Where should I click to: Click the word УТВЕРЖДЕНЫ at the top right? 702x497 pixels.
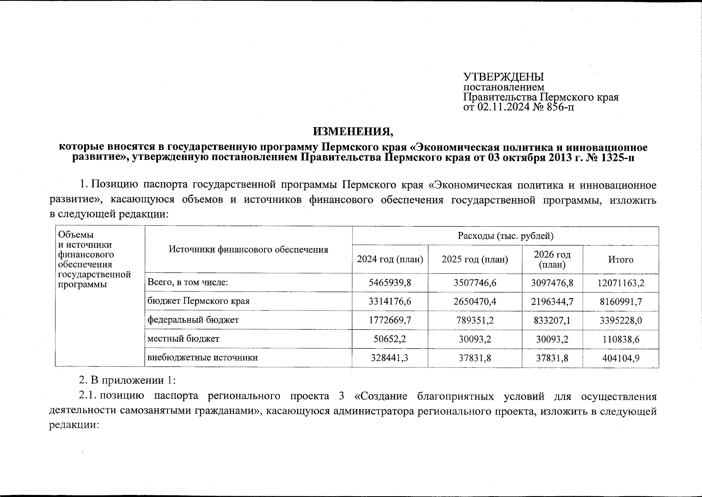(x=503, y=77)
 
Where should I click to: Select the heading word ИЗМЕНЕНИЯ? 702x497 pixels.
(x=353, y=132)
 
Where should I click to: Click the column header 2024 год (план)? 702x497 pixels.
(x=390, y=260)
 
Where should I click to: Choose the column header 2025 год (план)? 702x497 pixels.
(x=474, y=260)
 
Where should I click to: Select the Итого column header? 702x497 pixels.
(x=620, y=260)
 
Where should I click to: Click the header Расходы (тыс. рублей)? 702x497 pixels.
(x=505, y=236)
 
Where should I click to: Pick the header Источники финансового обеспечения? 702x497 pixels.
(x=248, y=249)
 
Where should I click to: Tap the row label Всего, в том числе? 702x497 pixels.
(x=188, y=282)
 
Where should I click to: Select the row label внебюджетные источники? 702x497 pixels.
(x=203, y=357)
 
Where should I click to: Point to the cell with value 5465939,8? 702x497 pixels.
(x=390, y=283)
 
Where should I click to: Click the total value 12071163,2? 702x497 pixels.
(x=620, y=283)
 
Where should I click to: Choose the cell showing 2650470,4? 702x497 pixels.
(x=474, y=302)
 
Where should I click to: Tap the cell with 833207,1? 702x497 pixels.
(x=552, y=320)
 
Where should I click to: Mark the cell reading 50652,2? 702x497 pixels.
(x=390, y=339)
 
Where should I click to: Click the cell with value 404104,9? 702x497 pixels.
(x=620, y=358)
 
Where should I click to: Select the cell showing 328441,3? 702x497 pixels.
(x=390, y=357)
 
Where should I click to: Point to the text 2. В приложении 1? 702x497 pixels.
(x=128, y=380)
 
